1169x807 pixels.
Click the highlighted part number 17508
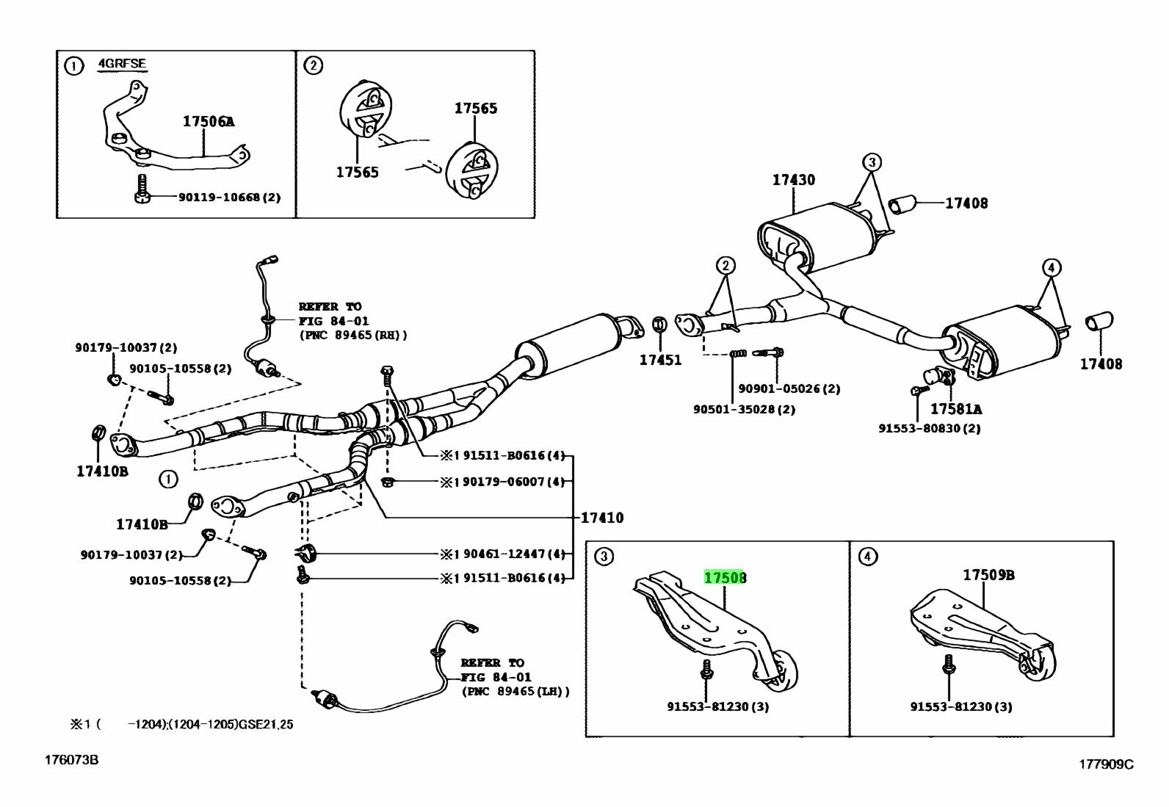pyautogui.click(x=725, y=578)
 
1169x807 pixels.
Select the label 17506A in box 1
pyautogui.click(x=209, y=122)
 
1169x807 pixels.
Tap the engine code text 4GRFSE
pyautogui.click(x=122, y=64)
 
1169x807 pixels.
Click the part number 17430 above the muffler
pyautogui.click(x=793, y=180)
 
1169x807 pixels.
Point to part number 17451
pyautogui.click(x=659, y=360)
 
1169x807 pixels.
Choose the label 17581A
pyautogui.click(x=955, y=409)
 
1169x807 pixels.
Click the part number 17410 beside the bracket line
pyautogui.click(x=601, y=518)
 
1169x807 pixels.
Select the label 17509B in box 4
pyautogui.click(x=988, y=575)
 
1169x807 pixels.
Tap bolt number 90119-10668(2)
pyautogui.click(x=229, y=198)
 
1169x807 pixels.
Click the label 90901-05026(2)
pyautogui.click(x=789, y=388)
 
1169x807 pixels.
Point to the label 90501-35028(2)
pyautogui.click(x=744, y=409)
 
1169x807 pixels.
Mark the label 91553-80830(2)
pyautogui.click(x=929, y=428)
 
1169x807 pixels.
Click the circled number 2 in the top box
pyautogui.click(x=313, y=66)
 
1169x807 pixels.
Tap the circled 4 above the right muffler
pyautogui.click(x=1051, y=267)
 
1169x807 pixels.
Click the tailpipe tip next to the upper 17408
pyautogui.click(x=903, y=203)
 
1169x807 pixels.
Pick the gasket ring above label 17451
pyautogui.click(x=659, y=325)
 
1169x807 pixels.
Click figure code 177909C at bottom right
pyautogui.click(x=1105, y=764)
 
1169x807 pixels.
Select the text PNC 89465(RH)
pyautogui.click(x=352, y=335)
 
